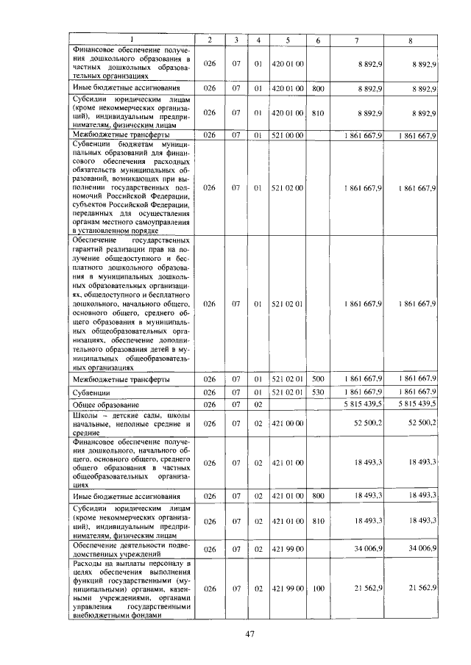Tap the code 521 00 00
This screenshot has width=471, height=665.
coord(288,135)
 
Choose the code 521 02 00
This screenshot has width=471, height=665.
coord(288,187)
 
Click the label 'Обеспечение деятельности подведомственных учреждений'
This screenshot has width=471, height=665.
coord(131,549)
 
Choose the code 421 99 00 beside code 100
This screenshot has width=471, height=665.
coord(288,589)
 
